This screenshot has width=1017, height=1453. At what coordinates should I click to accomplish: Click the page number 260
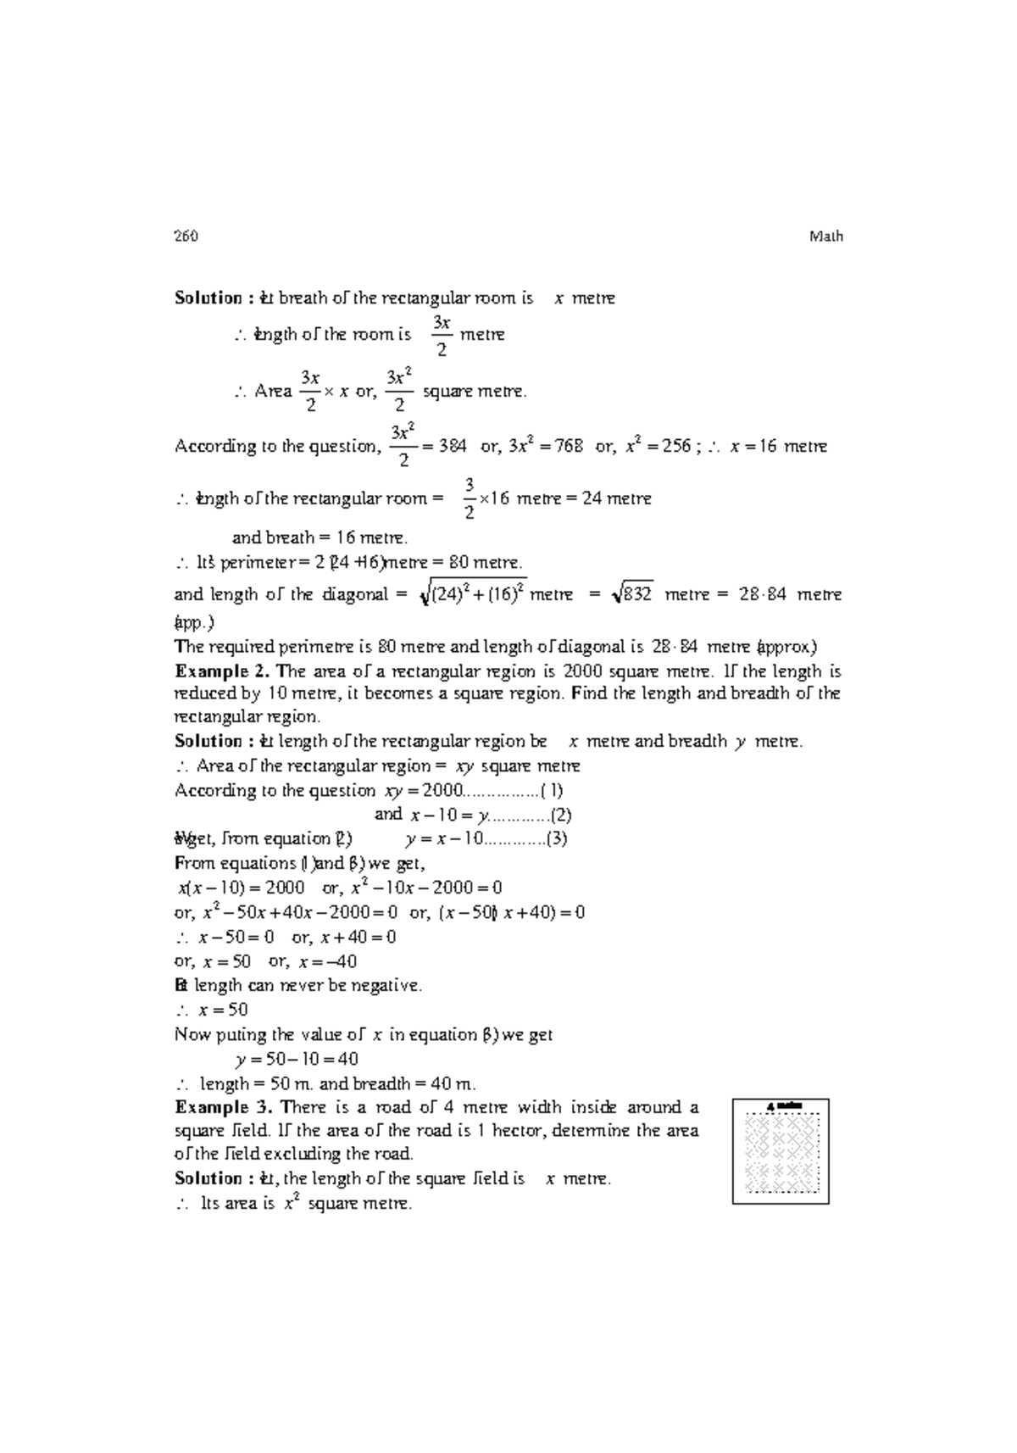[186, 237]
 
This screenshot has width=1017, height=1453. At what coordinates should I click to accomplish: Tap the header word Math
[825, 237]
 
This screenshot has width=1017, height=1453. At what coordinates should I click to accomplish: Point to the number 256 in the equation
[675, 446]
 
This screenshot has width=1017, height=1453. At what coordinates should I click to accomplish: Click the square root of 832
[631, 594]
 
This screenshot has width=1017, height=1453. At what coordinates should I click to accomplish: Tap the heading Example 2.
[222, 671]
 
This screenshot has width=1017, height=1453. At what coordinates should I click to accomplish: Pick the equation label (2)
[560, 815]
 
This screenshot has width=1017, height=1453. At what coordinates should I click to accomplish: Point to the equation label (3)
[555, 839]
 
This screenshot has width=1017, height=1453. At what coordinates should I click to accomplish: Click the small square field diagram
[781, 1151]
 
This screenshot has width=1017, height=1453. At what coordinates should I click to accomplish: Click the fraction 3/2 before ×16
[469, 498]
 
